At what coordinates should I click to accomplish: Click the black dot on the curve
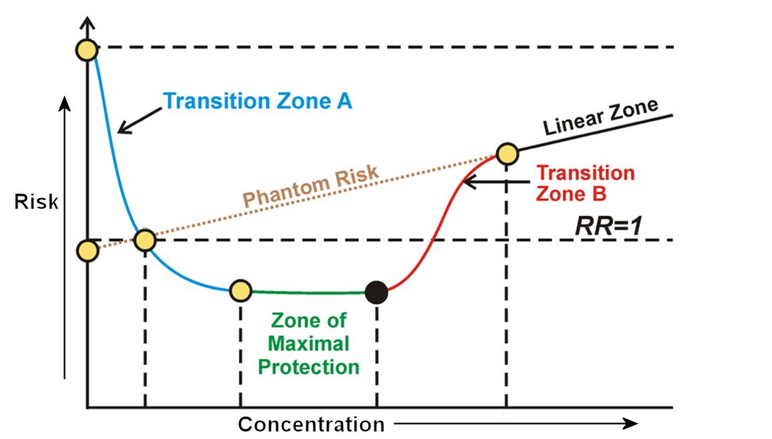pos(378,292)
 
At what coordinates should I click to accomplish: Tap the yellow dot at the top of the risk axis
pos(86,49)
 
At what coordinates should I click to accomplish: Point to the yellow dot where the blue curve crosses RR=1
pos(145,240)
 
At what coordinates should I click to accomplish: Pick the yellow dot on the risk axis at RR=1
pos(87,251)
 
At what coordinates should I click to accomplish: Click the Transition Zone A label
pos(257,101)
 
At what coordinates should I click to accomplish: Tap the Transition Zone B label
pos(585,183)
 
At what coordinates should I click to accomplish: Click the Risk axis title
pos(36,203)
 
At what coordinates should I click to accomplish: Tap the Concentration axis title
pos(311,423)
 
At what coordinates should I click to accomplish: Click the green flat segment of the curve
pos(309,292)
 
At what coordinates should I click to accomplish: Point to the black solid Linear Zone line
pos(594,133)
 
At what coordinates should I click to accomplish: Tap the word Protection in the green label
pos(314,367)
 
